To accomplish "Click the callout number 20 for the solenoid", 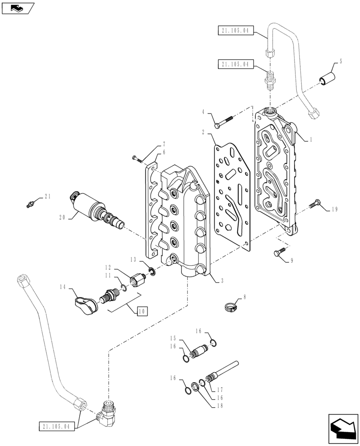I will tap(62, 217).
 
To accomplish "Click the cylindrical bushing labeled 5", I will tap(327, 79).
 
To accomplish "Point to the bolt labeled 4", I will tap(223, 121).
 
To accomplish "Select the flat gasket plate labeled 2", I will tap(232, 192).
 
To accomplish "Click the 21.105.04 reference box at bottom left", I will tap(54, 426).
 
